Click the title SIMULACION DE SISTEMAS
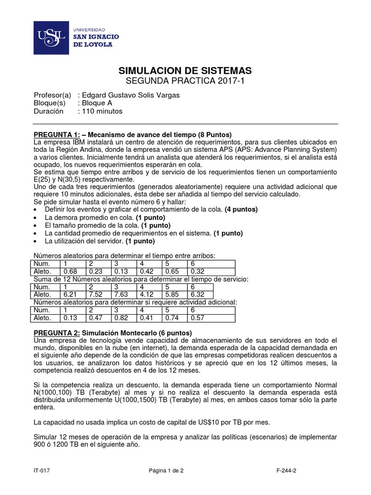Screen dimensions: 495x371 pyautogui.click(x=185, y=71)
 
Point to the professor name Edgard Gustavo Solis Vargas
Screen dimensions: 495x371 pyautogui.click(x=131, y=95)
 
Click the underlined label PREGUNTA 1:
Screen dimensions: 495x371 pyautogui.click(x=56, y=134)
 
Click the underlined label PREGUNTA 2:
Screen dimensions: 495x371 pyautogui.click(x=56, y=333)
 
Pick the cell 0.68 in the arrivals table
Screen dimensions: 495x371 pyautogui.click(x=71, y=272)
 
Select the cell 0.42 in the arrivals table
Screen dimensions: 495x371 pyautogui.click(x=146, y=272)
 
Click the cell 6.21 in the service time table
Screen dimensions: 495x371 pyautogui.click(x=71, y=294)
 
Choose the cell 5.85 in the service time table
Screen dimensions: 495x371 pyautogui.click(x=171, y=294)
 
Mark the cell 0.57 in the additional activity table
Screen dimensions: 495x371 pyautogui.click(x=197, y=318)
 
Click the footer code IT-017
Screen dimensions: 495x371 pyautogui.click(x=42, y=469)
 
